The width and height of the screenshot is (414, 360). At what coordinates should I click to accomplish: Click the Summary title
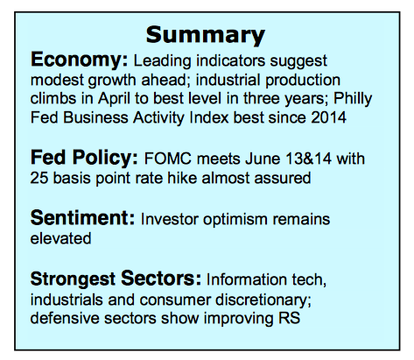tap(206, 35)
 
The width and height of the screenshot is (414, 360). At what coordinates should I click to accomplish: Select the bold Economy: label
tap(79, 60)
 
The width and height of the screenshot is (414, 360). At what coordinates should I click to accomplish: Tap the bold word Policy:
tap(105, 159)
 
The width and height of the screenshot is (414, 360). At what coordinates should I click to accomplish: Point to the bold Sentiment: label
tap(82, 218)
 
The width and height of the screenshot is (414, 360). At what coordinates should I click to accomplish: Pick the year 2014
tap(328, 117)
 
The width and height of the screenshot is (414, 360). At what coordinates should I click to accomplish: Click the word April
tap(114, 99)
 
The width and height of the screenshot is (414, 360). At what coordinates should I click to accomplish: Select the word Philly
tap(353, 99)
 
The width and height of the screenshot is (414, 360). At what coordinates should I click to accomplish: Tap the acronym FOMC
tap(168, 159)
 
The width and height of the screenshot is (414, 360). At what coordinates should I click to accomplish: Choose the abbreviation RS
tap(289, 318)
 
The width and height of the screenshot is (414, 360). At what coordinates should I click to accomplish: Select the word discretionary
tap(263, 300)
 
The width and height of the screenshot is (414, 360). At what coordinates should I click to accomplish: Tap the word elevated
tap(60, 238)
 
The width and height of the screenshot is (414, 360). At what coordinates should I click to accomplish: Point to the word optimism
tap(235, 220)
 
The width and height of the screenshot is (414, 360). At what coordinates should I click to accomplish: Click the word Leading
tap(162, 61)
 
